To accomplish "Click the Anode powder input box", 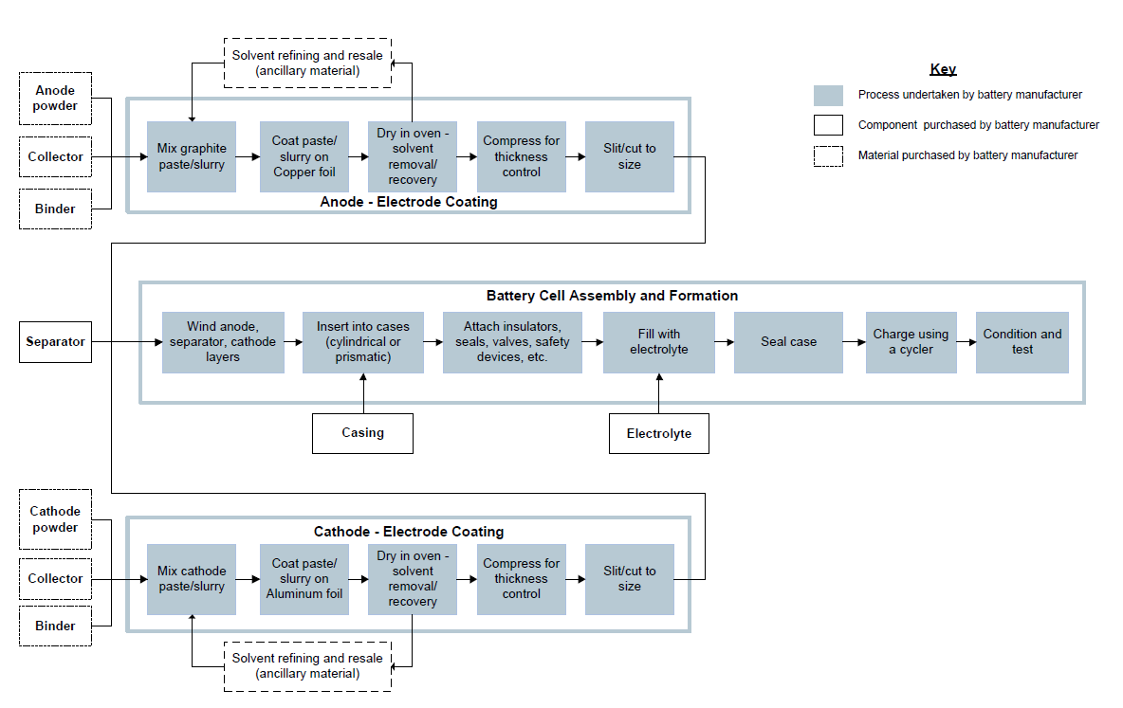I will coord(55,99).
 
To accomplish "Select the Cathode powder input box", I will coord(55,519).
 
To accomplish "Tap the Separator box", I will coord(55,341).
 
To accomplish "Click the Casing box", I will coord(362,433).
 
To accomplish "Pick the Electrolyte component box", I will coord(658,434).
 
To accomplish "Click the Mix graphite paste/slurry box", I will coord(192,156).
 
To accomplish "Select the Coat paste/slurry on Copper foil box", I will coord(304,156).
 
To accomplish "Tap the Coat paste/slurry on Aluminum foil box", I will coord(304,579).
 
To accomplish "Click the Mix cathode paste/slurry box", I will coord(192,579).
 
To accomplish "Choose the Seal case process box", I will coord(788,342).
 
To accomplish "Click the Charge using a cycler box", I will coord(911,342).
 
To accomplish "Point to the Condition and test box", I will coord(1022,342).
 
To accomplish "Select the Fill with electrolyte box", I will coord(658,342).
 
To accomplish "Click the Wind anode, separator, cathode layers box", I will coord(222,342).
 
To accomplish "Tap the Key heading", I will coord(943,69).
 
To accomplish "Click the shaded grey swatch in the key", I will coord(828,95).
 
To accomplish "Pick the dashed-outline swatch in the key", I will coord(828,155).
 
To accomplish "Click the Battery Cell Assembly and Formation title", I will coord(612,296).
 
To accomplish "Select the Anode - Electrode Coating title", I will coord(408,202).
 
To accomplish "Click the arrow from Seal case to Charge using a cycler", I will coord(854,342).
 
